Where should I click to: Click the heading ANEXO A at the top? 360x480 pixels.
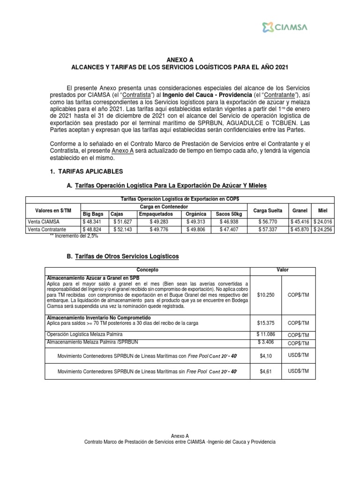tap(180, 60)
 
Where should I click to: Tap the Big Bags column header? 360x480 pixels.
tap(93, 213)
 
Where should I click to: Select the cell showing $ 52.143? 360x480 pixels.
tap(122, 229)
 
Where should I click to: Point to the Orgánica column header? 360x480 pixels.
tap(196, 213)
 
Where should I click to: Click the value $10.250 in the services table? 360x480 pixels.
tap(266, 295)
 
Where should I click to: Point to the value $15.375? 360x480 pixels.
tap(266, 323)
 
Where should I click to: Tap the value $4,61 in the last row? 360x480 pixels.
tap(266, 371)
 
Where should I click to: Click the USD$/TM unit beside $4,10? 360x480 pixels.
tap(299, 356)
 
